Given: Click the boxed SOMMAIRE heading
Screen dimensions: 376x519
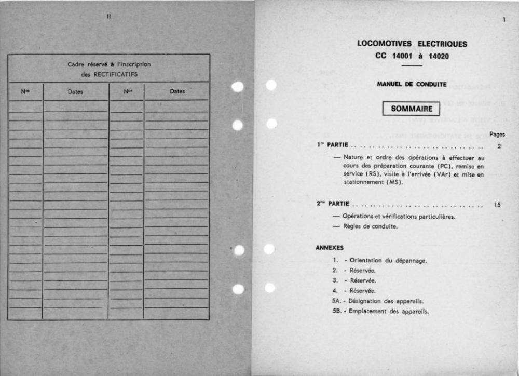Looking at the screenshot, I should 411,109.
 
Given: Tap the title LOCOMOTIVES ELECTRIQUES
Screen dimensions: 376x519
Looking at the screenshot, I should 412,44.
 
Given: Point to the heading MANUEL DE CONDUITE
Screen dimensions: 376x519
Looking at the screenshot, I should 412,84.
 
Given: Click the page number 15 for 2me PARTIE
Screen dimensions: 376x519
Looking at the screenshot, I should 497,205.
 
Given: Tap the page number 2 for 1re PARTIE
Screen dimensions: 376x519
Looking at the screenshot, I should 499,146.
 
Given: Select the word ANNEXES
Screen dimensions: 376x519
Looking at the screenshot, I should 329,248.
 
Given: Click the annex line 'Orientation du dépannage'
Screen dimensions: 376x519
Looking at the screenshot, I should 388,260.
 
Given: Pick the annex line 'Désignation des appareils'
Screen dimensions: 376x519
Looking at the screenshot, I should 386,301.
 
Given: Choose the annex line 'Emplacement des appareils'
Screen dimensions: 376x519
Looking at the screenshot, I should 388,312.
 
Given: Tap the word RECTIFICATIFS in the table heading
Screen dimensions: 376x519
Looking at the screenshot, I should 117,74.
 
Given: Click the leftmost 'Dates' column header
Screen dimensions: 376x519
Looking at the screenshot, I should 75,92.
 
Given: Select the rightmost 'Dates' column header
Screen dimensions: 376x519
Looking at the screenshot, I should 177,91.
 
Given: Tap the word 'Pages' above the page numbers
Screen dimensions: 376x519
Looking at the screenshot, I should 497,134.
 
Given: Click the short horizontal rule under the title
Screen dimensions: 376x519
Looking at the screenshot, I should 412,66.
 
